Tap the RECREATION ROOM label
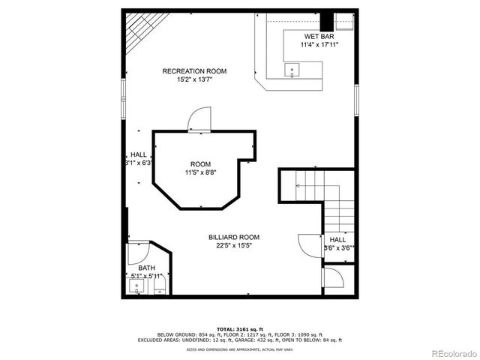tap(194, 71)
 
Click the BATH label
tap(146, 268)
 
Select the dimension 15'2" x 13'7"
tap(194, 79)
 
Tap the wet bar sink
tap(291, 70)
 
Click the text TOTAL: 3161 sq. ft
tap(239, 328)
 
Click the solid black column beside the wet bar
tap(337, 19)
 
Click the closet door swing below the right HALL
tap(334, 278)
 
